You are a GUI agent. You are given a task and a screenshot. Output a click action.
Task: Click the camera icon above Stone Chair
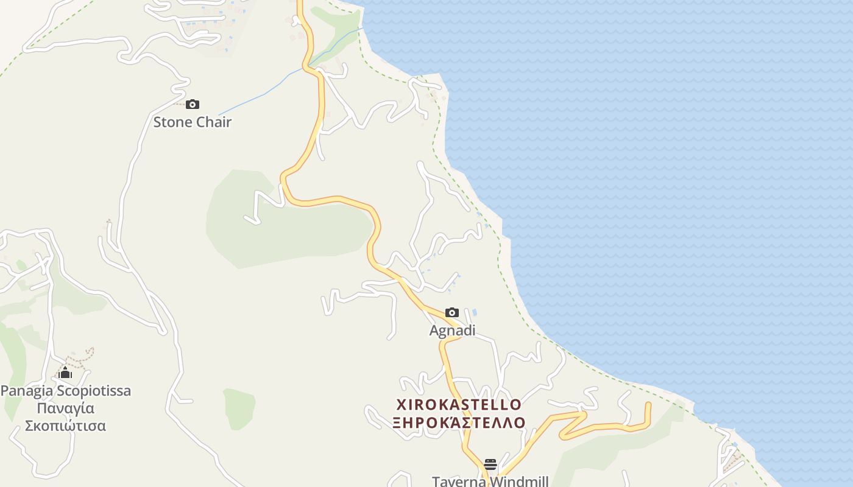click(193, 104)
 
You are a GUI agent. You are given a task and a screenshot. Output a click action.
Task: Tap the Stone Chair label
click(192, 122)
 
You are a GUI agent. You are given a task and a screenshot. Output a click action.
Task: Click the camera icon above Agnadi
click(452, 312)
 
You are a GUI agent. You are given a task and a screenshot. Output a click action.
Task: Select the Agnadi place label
click(452, 331)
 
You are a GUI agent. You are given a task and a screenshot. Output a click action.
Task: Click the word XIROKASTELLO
click(459, 404)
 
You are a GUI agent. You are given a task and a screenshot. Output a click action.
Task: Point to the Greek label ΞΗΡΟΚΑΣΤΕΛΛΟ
click(459, 422)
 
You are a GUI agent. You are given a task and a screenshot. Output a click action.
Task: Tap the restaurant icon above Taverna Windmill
click(490, 464)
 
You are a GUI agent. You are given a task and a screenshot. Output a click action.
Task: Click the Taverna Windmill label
click(490, 481)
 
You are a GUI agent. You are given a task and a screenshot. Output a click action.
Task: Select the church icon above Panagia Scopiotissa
click(65, 373)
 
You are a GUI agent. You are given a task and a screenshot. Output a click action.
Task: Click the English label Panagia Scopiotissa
click(66, 390)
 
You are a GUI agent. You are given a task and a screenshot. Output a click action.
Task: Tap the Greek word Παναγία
click(65, 408)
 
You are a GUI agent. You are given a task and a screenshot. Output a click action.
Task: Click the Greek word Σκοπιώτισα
click(65, 426)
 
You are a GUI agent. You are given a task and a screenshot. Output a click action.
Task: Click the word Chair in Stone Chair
click(213, 122)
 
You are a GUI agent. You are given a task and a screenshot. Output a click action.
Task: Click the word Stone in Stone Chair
click(172, 122)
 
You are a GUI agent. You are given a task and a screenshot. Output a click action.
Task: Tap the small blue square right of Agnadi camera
click(475, 312)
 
